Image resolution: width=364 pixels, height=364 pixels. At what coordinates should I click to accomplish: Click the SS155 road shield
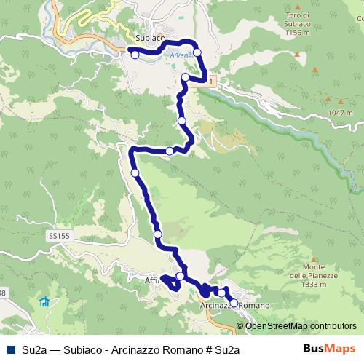(x=58, y=237)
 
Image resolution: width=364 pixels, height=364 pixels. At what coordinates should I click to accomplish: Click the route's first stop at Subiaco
(x=134, y=53)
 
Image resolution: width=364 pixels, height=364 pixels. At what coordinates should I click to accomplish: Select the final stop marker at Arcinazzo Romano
(x=234, y=301)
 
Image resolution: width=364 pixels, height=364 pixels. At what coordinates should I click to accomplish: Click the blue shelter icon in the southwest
(x=45, y=301)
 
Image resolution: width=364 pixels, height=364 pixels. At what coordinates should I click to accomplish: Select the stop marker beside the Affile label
(x=180, y=277)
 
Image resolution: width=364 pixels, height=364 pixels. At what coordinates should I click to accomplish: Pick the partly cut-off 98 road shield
(x=2, y=293)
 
